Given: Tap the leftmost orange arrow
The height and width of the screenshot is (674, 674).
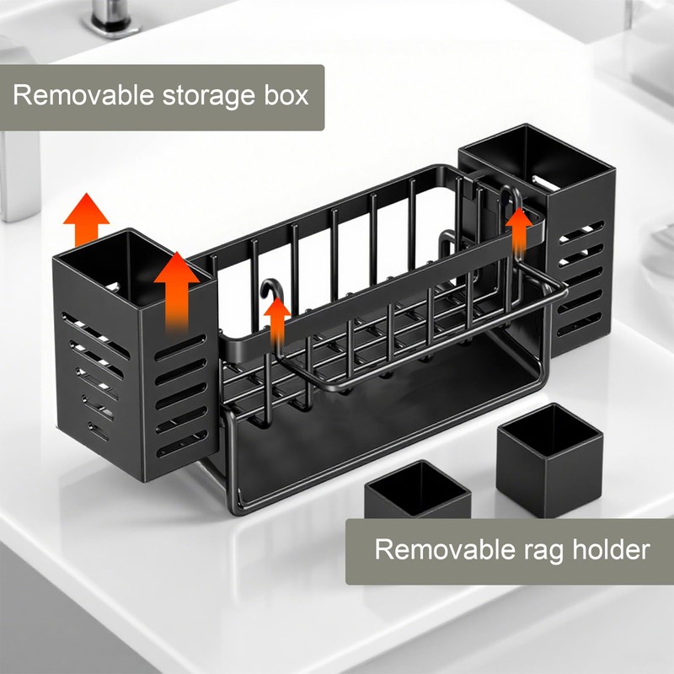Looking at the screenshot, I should [88, 217].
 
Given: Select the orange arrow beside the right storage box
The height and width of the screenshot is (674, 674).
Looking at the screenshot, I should [519, 227].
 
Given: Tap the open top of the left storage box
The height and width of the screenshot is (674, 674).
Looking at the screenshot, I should [126, 257].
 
